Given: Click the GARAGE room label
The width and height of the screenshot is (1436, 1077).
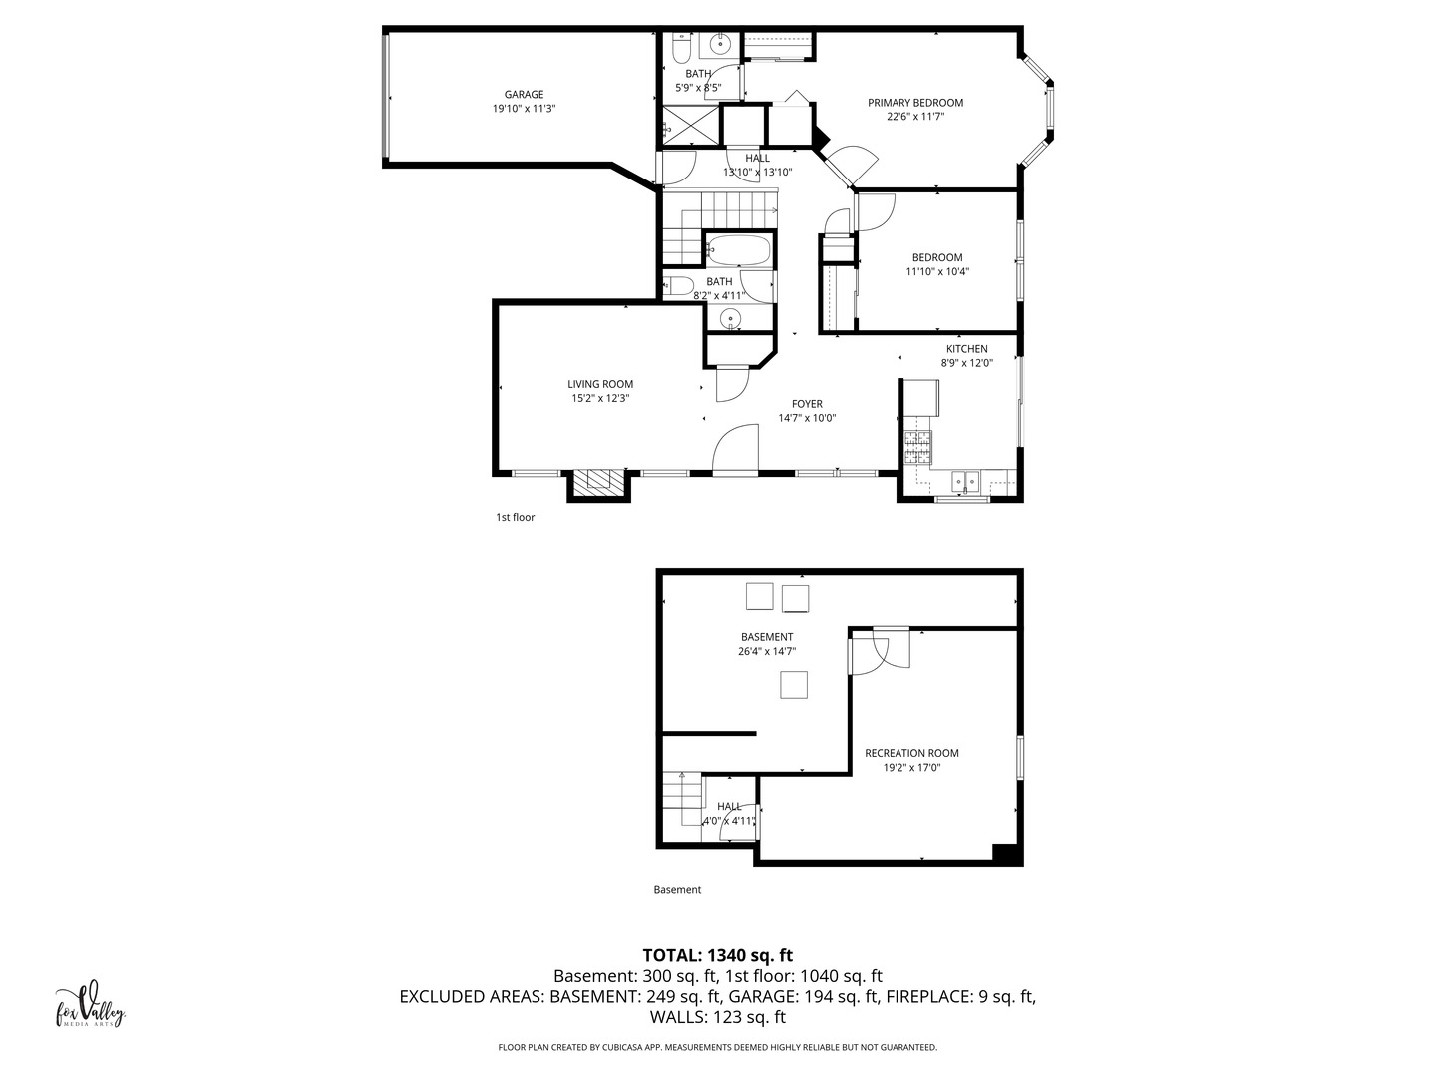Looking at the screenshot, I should click(x=524, y=95).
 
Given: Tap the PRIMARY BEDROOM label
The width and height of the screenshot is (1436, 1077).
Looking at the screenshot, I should click(x=915, y=103).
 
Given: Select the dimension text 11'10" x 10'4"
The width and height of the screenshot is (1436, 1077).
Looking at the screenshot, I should click(x=937, y=271).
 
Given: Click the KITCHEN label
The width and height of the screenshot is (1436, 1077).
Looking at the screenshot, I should click(x=966, y=349).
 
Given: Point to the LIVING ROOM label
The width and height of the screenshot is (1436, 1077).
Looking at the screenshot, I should click(x=600, y=384).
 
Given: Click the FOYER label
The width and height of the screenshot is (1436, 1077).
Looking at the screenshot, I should click(x=807, y=404).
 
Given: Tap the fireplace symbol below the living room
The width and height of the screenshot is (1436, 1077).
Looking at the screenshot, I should click(x=599, y=483).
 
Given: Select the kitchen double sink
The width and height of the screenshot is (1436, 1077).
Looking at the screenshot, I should click(x=964, y=482).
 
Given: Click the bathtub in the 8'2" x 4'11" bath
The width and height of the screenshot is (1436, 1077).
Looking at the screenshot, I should click(x=739, y=250).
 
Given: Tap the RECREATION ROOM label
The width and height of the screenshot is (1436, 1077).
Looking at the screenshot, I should click(x=911, y=753).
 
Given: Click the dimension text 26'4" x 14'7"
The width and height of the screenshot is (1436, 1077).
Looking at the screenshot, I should click(x=767, y=652).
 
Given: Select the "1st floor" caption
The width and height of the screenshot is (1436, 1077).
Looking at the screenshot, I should click(x=516, y=517).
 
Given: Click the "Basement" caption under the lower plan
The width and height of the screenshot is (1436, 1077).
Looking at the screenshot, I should click(x=677, y=889).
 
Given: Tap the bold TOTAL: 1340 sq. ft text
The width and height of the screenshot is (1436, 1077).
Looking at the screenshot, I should click(x=717, y=955).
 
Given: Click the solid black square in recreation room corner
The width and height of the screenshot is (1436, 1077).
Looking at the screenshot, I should click(x=1005, y=853).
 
